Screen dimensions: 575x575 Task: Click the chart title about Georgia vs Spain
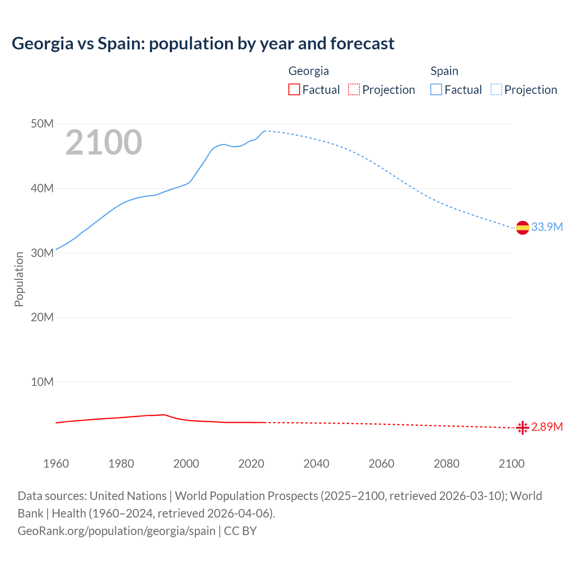click(203, 44)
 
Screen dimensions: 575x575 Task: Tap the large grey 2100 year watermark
click(104, 142)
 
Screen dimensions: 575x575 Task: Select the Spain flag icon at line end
click(522, 228)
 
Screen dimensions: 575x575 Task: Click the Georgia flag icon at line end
click(522, 428)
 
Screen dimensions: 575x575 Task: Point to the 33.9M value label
click(547, 227)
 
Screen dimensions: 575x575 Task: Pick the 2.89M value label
click(547, 427)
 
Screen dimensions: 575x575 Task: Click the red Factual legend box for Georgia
click(294, 90)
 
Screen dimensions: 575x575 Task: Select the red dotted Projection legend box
click(354, 90)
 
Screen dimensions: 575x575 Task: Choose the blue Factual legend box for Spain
click(436, 90)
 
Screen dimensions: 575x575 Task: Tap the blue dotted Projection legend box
click(496, 90)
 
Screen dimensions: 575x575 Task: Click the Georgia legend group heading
click(309, 71)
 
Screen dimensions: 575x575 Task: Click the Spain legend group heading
click(444, 71)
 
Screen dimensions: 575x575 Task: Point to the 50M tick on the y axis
click(42, 124)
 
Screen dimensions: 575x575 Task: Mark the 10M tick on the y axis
click(42, 382)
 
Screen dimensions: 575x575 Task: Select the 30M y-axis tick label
click(42, 253)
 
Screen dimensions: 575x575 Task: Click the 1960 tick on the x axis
click(56, 464)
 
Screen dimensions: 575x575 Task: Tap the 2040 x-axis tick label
click(316, 464)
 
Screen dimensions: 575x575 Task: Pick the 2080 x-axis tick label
click(447, 464)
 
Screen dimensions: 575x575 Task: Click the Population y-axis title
click(19, 279)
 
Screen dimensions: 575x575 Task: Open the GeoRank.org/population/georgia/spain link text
click(116, 531)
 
